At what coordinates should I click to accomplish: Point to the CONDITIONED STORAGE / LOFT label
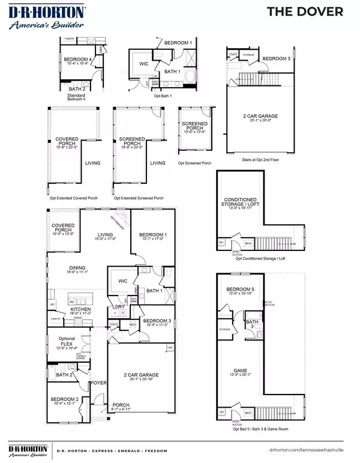point(239,202)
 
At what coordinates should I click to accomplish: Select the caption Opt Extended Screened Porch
point(137,198)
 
